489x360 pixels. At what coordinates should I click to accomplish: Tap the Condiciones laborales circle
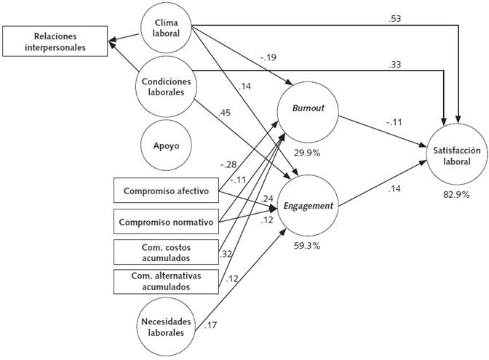[166, 87]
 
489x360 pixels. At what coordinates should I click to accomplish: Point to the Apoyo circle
[166, 145]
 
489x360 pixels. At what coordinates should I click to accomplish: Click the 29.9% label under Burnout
[305, 153]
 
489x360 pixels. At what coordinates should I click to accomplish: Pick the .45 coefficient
[225, 112]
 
